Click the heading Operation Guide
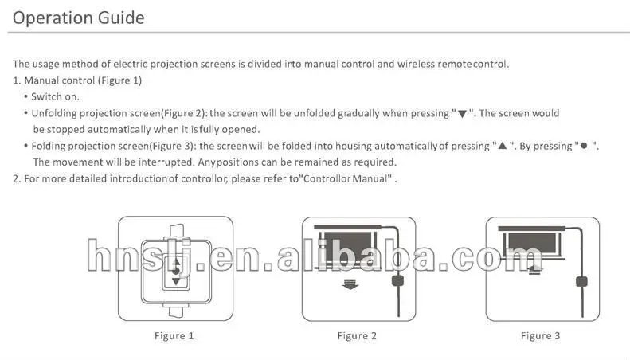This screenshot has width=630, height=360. (x=78, y=18)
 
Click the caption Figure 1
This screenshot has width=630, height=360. (x=174, y=336)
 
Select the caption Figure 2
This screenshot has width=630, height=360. (x=357, y=336)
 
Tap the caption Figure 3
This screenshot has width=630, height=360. (x=540, y=336)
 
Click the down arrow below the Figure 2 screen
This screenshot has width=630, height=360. (x=350, y=284)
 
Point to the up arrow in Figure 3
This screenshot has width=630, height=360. (x=534, y=270)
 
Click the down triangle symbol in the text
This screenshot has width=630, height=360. (x=462, y=114)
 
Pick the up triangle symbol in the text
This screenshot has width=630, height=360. (x=503, y=146)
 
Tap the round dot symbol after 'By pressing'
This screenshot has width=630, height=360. (x=584, y=146)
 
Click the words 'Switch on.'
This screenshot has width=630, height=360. (x=55, y=97)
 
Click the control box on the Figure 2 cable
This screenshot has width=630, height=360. (x=397, y=280)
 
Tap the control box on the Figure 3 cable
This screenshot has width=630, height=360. (x=581, y=281)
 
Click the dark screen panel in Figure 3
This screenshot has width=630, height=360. (x=532, y=243)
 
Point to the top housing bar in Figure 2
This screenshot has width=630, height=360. (x=347, y=227)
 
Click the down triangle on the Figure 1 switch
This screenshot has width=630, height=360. (x=175, y=281)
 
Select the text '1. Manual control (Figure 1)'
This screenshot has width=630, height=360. (x=77, y=80)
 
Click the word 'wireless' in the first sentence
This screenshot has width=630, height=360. (x=416, y=65)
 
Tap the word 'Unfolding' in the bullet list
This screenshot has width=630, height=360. (x=54, y=114)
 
